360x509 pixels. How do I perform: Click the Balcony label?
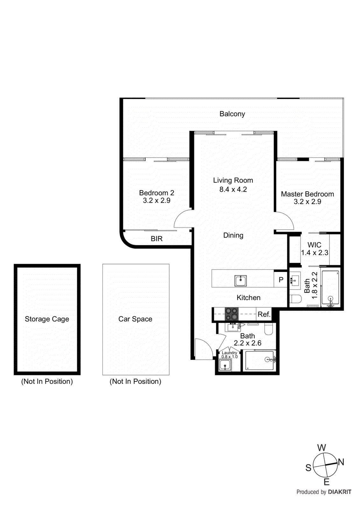pos(232,114)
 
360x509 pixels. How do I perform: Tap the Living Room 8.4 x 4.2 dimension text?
pos(233,190)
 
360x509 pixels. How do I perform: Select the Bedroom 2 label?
pos(157,193)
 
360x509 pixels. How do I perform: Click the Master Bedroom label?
pos(307,194)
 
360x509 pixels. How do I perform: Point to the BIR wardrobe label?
pos(157,239)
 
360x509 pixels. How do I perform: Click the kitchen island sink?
pos(240,281)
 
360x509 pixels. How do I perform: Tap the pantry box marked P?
pos(281,280)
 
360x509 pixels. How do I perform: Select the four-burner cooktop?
pos(231,314)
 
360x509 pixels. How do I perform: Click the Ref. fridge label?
pos(264,314)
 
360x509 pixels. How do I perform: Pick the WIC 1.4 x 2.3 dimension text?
pos(314,253)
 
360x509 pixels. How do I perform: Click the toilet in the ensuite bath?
pos(296,299)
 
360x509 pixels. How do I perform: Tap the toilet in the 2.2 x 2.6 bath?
pos(269,329)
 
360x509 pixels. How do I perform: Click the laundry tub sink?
pos(226,365)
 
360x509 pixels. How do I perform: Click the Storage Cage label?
pos(47,319)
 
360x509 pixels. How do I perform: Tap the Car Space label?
pos(135,319)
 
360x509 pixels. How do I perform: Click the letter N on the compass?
pos(341,462)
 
